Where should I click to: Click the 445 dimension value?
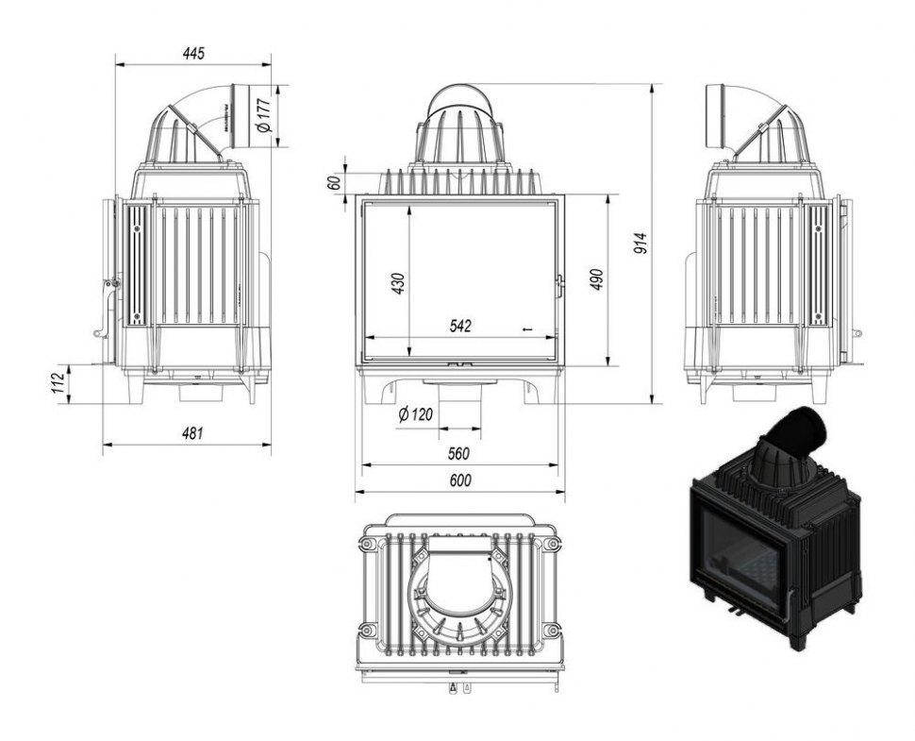193,53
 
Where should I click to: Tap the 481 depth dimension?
191,433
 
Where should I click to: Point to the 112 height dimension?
58,382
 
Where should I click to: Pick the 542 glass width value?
460,326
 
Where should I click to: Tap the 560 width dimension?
458,453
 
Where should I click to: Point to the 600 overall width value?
459,480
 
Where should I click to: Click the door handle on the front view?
559,283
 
